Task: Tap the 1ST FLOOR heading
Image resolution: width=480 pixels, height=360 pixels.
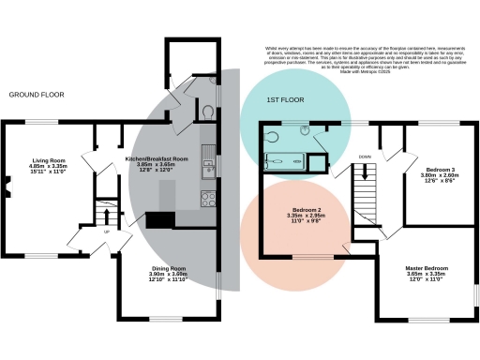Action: (x=286, y=99)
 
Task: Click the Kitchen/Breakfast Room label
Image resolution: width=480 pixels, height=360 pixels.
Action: (x=157, y=159)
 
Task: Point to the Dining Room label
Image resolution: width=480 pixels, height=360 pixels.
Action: (x=170, y=268)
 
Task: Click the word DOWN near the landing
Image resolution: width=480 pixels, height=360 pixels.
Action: (x=366, y=157)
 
